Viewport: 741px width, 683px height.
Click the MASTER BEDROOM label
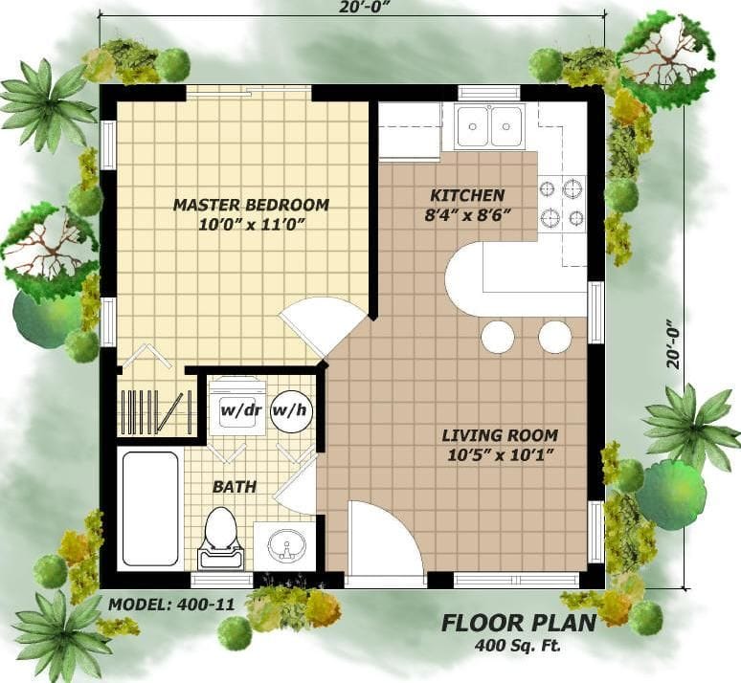(x=251, y=205)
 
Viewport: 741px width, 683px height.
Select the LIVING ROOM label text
(x=499, y=435)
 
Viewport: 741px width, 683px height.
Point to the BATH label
(x=234, y=487)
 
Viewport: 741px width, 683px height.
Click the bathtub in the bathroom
(x=150, y=507)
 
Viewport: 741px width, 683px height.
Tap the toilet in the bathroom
(x=221, y=536)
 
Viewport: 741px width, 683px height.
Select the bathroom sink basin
(x=284, y=548)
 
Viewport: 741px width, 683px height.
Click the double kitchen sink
(x=489, y=126)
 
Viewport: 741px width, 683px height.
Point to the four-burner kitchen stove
(x=562, y=203)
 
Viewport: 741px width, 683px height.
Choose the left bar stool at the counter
(x=498, y=337)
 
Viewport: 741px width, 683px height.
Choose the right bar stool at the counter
(x=554, y=337)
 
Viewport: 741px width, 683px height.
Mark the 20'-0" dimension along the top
(x=353, y=8)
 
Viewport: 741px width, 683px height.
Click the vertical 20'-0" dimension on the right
(x=676, y=343)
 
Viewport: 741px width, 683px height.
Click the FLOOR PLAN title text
(x=518, y=623)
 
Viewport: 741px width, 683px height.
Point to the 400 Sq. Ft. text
(x=518, y=645)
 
